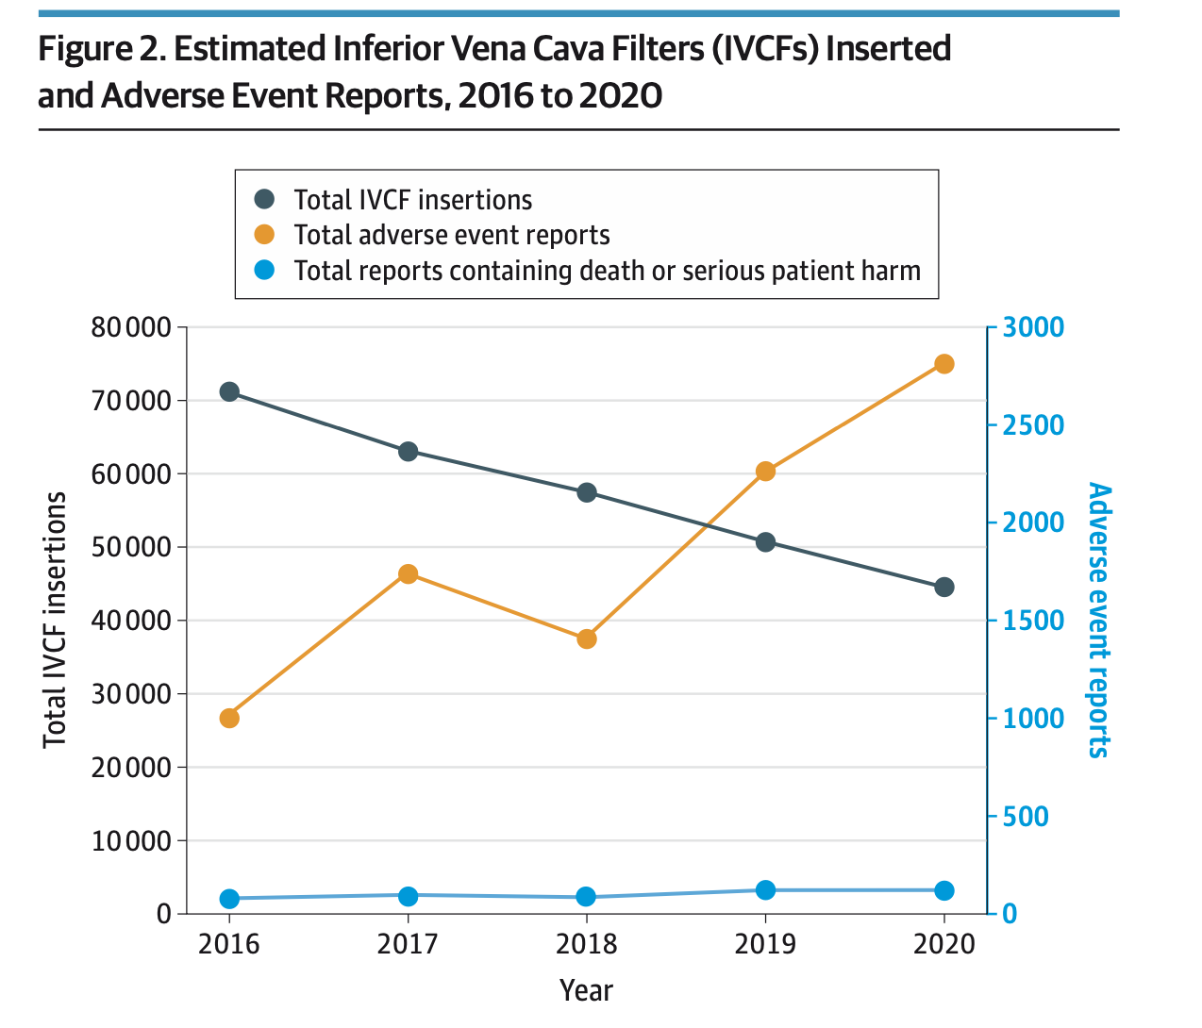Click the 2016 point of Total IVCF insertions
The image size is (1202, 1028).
click(x=229, y=391)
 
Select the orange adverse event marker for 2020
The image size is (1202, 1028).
click(x=944, y=364)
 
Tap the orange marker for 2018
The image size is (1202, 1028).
click(x=587, y=638)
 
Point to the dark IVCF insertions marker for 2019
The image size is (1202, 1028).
click(x=765, y=542)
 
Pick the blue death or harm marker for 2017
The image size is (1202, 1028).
click(x=408, y=895)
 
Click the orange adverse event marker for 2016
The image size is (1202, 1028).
click(x=229, y=719)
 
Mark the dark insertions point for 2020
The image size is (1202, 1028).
click(x=944, y=587)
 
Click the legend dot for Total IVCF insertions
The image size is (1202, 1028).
click(x=265, y=200)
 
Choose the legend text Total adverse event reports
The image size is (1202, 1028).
click(x=452, y=235)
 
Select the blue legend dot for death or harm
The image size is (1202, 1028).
click(x=265, y=271)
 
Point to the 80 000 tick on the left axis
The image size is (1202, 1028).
click(x=131, y=327)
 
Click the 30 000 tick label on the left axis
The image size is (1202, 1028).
click(x=131, y=694)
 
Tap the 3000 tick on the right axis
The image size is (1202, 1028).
click(x=1033, y=327)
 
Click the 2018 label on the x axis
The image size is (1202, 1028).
click(x=587, y=944)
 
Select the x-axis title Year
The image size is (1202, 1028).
click(x=586, y=990)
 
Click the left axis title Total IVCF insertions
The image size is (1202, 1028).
click(x=56, y=620)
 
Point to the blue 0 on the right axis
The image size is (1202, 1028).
click(x=1010, y=914)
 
